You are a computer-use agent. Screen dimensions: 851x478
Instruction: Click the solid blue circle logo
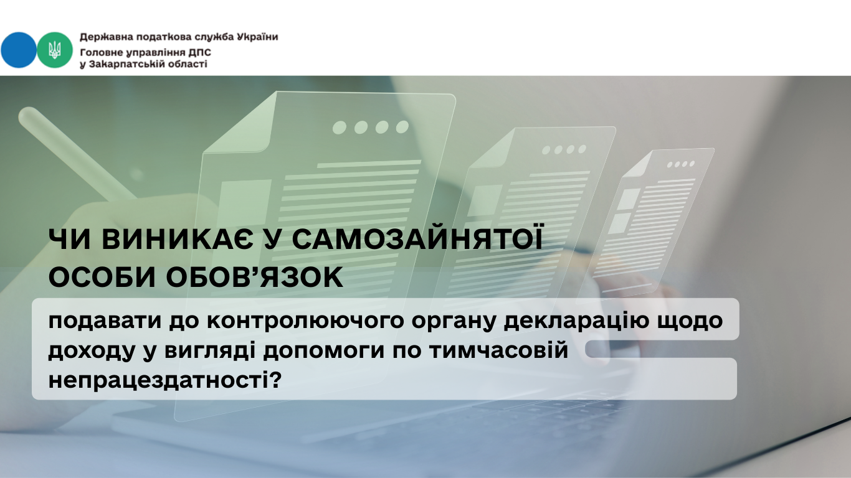pos(18,50)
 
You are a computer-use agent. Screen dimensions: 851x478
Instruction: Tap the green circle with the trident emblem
pos(55,50)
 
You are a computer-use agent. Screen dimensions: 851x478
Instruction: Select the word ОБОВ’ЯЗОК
pos(255,277)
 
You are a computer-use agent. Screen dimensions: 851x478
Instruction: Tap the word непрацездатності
pos(160,380)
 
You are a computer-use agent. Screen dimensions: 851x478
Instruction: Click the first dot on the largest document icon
pos(340,128)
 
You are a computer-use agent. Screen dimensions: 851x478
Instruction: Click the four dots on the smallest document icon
pos(681,164)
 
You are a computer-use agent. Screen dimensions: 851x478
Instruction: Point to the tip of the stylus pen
pos(26,114)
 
